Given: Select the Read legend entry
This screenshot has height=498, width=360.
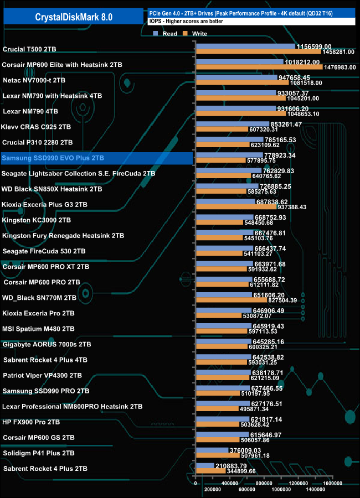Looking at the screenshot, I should click(166, 34).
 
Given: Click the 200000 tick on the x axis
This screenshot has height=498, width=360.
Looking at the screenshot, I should click(213, 489).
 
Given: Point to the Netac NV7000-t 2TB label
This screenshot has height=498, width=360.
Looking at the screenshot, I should click(34, 80).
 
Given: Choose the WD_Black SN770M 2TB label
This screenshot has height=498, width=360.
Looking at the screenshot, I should click(40, 297).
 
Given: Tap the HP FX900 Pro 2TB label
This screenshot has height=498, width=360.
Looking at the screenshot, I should click(32, 422).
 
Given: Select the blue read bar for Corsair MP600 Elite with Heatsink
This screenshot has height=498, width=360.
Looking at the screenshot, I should click(239, 62).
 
